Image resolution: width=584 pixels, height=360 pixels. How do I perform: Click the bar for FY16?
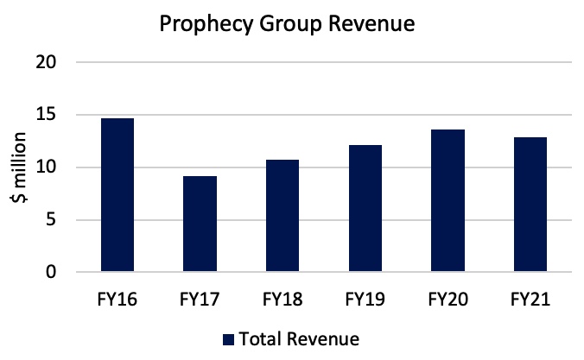(x=117, y=195)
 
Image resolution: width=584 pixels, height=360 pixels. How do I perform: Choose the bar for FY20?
(x=448, y=201)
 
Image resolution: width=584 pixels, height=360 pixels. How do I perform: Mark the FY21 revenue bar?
(x=530, y=205)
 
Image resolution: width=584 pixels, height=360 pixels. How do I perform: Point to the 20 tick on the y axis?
(x=46, y=62)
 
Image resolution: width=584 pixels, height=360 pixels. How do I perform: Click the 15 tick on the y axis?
(x=46, y=115)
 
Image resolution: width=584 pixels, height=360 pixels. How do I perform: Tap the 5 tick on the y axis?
(x=51, y=220)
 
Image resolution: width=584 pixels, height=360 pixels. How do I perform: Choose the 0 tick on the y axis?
(x=51, y=273)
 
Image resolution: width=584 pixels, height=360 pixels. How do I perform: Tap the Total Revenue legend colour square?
(x=229, y=338)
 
